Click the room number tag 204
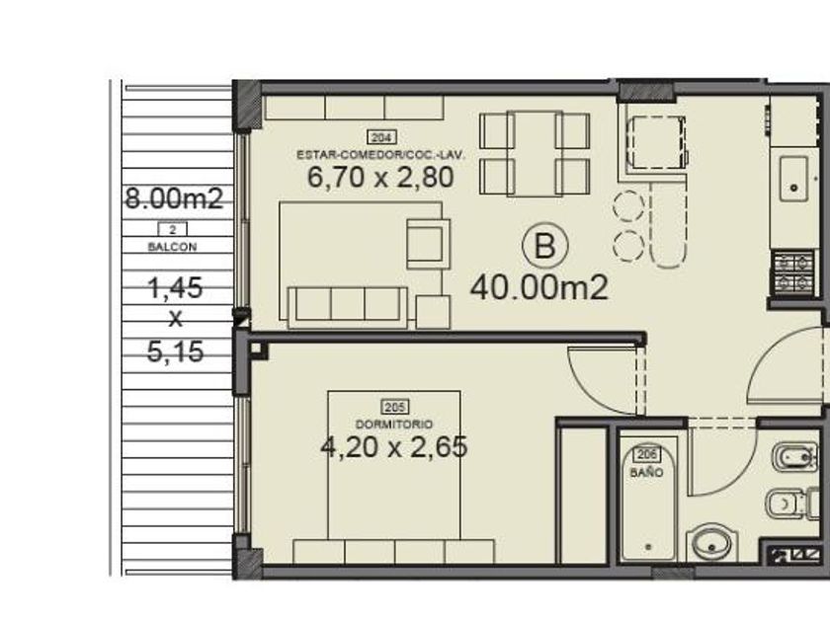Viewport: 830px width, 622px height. click(x=381, y=137)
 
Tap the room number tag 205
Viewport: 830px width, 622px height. click(x=395, y=407)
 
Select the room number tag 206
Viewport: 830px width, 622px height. click(x=647, y=454)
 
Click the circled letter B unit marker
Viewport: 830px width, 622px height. click(x=545, y=246)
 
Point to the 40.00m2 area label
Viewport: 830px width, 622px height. click(x=539, y=288)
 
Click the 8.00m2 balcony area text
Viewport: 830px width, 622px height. click(x=174, y=198)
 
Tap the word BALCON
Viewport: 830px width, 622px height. click(x=173, y=247)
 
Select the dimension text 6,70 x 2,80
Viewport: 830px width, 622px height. click(x=380, y=177)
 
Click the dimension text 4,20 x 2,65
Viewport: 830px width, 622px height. click(x=394, y=447)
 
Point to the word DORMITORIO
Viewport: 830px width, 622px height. click(x=394, y=425)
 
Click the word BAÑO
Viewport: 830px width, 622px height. click(x=647, y=472)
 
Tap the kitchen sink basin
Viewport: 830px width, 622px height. click(x=793, y=179)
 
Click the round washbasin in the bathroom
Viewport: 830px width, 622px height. click(x=710, y=544)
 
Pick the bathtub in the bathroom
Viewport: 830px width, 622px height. click(x=648, y=499)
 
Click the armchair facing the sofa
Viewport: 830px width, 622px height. click(x=428, y=245)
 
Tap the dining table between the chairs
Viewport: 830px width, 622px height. click(x=535, y=153)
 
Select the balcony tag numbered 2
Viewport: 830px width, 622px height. click(x=173, y=229)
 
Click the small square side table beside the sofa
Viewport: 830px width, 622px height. click(x=433, y=312)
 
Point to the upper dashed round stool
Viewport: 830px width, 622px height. click(x=628, y=205)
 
